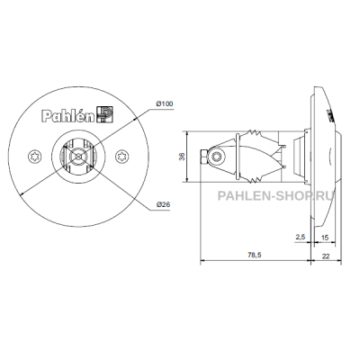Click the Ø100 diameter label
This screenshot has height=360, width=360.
tap(165, 104)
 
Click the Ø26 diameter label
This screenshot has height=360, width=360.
tap(163, 204)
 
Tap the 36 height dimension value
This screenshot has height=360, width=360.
tap(182, 157)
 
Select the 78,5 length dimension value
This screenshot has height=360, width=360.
tap(255, 255)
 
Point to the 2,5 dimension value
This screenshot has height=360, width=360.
tap(301, 237)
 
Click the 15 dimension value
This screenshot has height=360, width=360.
tap(325, 238)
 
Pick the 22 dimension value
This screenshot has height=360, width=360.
tap(326, 256)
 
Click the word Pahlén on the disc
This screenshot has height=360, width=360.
tap(68, 116)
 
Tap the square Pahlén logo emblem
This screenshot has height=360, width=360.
tap(105, 114)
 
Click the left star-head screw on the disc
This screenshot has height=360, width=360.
tap(33, 157)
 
